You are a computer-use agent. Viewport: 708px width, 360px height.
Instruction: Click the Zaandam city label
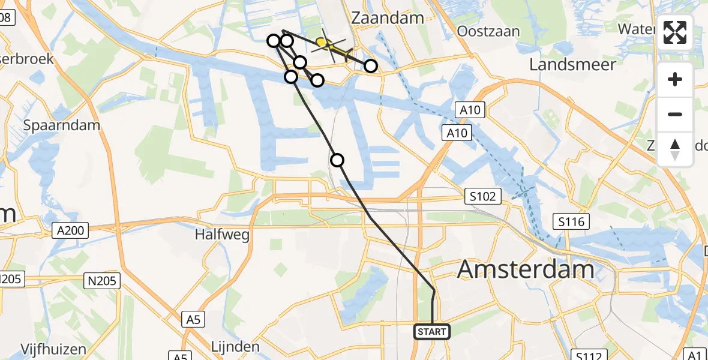(x=388, y=18)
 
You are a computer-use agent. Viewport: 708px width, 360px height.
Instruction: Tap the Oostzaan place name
(x=488, y=31)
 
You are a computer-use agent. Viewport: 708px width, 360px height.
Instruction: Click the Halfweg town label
(x=222, y=235)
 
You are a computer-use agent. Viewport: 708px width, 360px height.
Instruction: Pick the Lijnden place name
(x=236, y=346)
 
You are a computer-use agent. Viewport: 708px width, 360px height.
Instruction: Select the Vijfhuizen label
(x=53, y=349)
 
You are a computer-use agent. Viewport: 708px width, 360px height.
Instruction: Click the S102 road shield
(x=482, y=196)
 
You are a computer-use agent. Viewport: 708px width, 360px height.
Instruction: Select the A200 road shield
(x=70, y=229)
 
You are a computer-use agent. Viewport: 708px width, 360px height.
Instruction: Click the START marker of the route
(x=431, y=331)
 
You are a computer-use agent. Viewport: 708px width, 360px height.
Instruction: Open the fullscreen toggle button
(x=675, y=32)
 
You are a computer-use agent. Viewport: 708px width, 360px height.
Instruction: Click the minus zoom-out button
(x=675, y=114)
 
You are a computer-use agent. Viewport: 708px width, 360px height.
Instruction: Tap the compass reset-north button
(x=675, y=149)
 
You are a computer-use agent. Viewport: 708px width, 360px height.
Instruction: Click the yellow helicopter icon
(x=324, y=43)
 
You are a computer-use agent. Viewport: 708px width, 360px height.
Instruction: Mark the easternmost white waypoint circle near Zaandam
(x=371, y=66)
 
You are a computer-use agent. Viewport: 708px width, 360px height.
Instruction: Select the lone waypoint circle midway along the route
(x=337, y=160)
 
